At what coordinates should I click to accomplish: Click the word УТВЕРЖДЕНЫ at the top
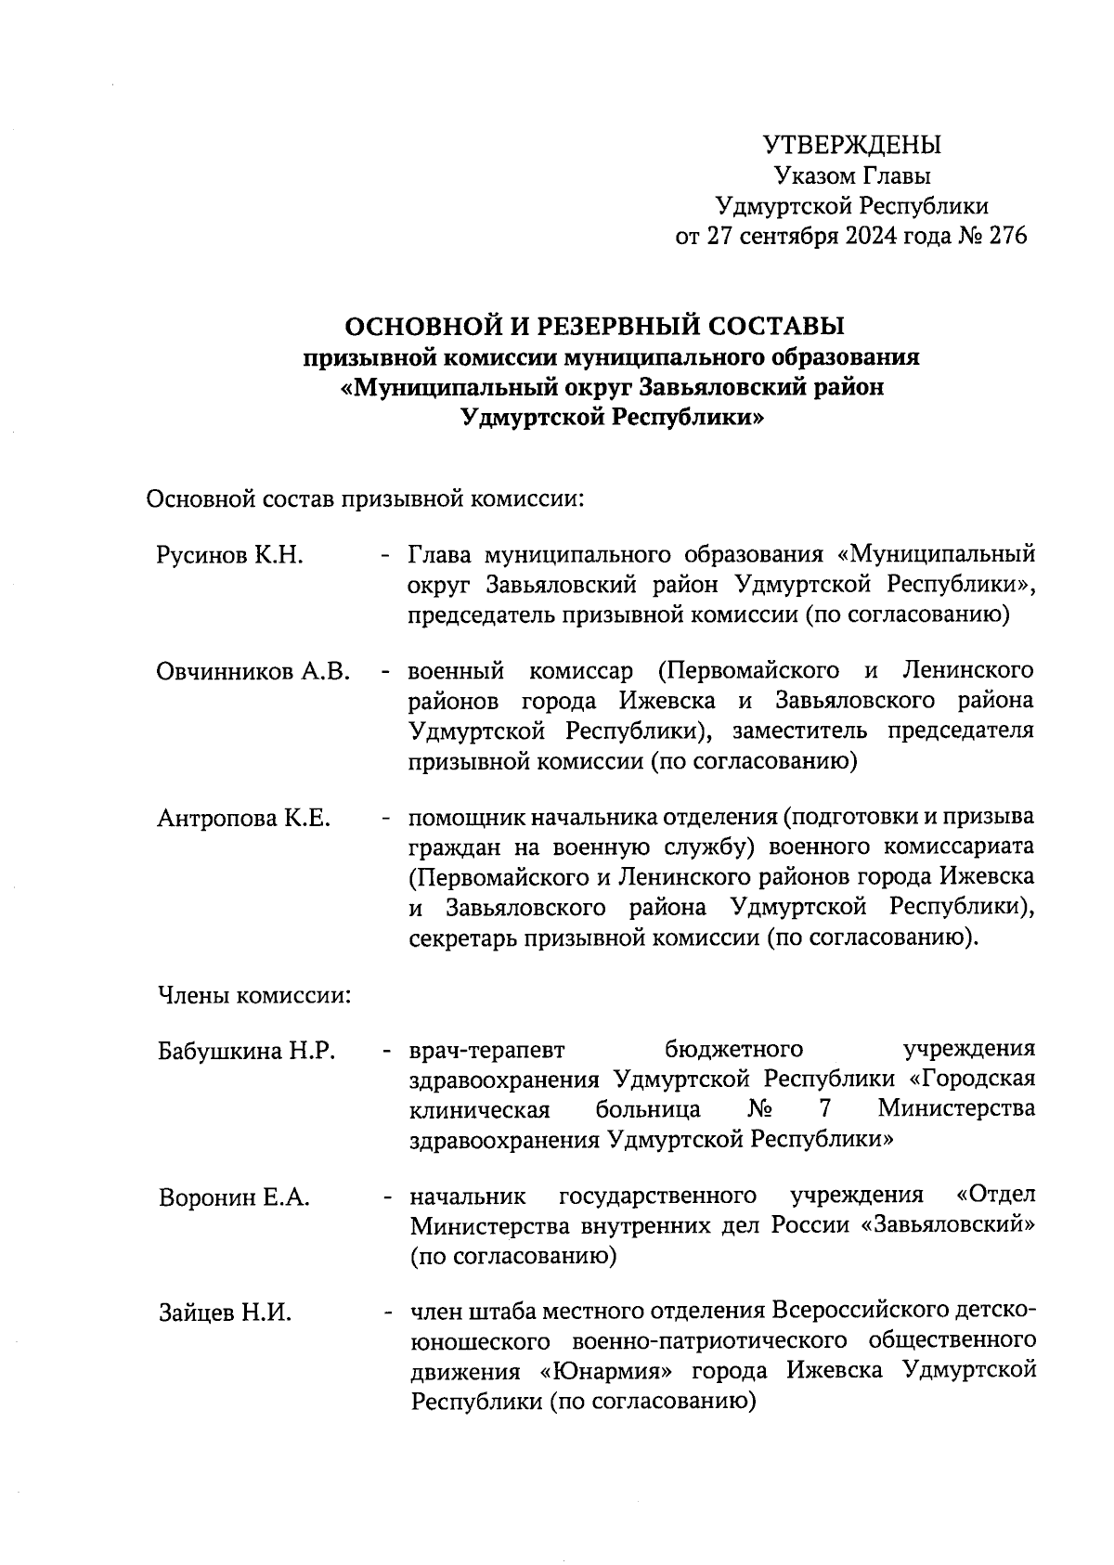tap(851, 145)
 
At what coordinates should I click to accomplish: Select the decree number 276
tap(1008, 237)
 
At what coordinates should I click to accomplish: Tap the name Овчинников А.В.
tap(253, 672)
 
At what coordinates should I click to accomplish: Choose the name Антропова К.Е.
tap(243, 819)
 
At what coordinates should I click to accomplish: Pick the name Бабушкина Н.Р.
tap(246, 1052)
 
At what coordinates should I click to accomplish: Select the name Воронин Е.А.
tap(234, 1197)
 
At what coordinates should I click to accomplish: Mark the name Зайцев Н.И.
tap(225, 1313)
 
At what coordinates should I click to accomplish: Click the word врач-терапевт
tap(487, 1050)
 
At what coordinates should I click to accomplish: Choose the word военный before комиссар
tap(456, 671)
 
